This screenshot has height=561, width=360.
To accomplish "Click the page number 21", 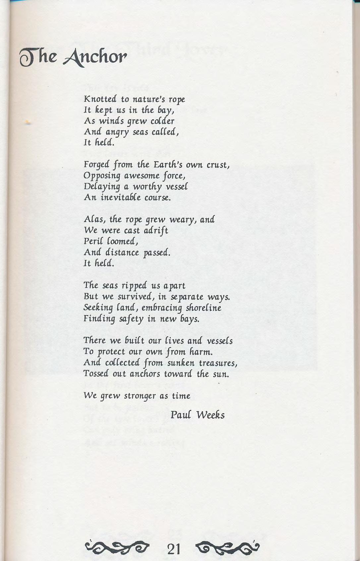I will (x=174, y=549).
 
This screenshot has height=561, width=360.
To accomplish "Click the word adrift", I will (x=155, y=230).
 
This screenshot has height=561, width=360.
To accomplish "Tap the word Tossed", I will (x=96, y=374).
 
